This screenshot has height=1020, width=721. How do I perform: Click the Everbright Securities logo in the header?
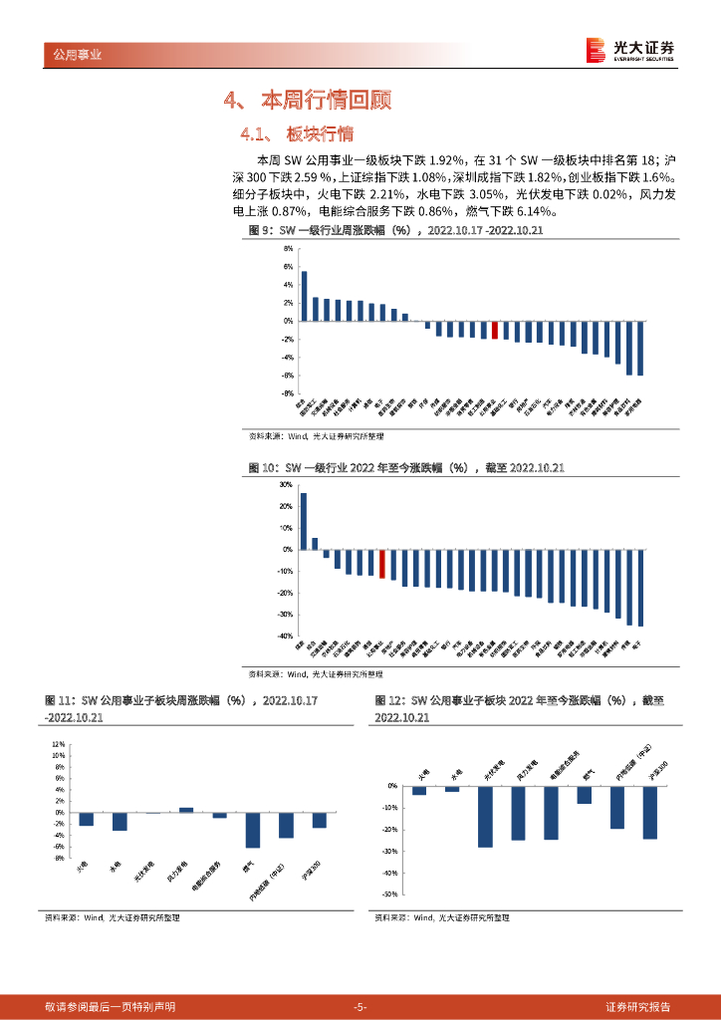pos(629,50)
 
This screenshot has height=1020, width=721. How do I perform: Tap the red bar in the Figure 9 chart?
pos(494,330)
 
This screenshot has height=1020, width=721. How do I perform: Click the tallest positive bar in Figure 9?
pos(304,296)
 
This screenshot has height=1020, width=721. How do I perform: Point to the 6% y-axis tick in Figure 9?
pos(288,267)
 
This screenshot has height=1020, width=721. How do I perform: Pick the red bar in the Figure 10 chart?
pos(381,563)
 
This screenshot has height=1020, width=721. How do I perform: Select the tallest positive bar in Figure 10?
pos(304,521)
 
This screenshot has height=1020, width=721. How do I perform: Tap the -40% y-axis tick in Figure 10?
pos(285,636)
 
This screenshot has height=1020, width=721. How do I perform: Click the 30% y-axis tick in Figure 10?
pos(285,485)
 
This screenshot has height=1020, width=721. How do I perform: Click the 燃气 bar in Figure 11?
pos(253,830)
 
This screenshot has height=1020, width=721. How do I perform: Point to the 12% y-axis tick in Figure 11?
pos(59,744)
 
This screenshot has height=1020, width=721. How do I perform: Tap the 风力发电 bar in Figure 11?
pos(186,810)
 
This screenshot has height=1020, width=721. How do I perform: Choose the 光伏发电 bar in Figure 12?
pos(485,817)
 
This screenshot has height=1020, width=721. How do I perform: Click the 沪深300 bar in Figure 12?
pos(650,812)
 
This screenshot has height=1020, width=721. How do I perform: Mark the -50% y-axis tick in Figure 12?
pos(390,894)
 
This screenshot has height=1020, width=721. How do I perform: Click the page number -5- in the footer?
pos(360,1007)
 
